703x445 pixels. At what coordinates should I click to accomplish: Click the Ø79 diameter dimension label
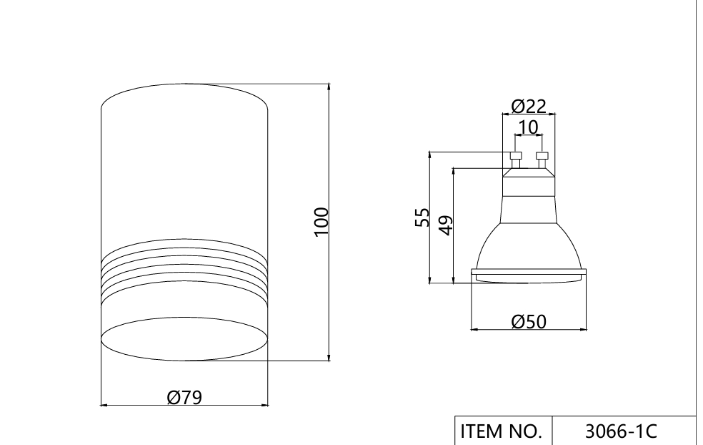[x=184, y=397]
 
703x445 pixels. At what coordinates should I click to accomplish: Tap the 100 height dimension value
[x=321, y=222]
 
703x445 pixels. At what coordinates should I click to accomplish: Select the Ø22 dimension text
[x=529, y=107]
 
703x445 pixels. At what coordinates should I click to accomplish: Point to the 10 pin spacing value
[x=528, y=127]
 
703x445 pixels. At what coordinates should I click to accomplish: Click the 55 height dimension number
[x=422, y=217]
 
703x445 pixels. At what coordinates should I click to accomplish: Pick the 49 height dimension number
[x=446, y=225]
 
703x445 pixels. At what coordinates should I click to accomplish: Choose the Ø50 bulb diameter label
[x=529, y=321]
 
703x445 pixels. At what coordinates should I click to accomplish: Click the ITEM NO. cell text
[x=502, y=431]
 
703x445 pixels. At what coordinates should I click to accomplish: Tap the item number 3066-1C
[x=621, y=431]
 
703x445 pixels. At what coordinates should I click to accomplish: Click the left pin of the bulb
[x=516, y=160]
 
